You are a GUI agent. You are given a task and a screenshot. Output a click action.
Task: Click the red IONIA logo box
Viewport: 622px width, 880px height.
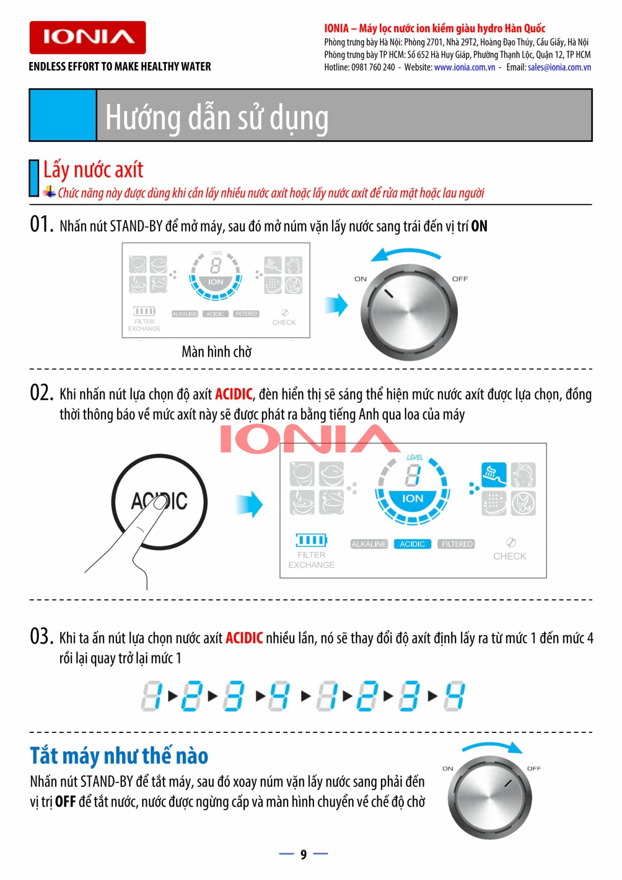tap(88, 38)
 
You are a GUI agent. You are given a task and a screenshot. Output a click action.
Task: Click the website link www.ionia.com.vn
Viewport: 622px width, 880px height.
tap(465, 67)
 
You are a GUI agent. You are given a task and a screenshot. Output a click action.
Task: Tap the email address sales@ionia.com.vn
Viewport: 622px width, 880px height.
tap(559, 67)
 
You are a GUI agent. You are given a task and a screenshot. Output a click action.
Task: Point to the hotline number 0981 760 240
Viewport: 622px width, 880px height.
tap(373, 67)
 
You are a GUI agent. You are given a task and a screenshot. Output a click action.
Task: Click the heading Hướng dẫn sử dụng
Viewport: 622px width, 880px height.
tap(217, 118)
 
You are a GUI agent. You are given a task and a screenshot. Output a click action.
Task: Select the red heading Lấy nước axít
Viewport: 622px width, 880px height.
tap(93, 170)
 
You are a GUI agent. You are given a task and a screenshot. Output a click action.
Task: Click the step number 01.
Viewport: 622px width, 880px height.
tap(42, 224)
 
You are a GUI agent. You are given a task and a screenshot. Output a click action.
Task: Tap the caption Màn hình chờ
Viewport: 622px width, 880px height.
tap(216, 352)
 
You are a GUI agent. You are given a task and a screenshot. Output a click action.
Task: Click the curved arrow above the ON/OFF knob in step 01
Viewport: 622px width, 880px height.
tap(405, 253)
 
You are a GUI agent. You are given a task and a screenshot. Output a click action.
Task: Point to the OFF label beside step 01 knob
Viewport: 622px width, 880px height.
tap(460, 279)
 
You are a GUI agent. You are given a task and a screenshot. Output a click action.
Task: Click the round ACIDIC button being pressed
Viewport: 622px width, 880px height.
tap(159, 502)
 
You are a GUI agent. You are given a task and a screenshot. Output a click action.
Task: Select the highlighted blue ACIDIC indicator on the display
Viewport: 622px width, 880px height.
tap(412, 544)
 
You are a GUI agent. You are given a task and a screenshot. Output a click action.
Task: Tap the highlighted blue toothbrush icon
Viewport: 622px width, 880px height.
tap(493, 475)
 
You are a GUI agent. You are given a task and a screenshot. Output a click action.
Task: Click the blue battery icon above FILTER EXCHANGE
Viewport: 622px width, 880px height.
tap(311, 540)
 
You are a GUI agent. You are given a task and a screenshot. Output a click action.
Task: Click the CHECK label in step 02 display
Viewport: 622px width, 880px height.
tap(510, 556)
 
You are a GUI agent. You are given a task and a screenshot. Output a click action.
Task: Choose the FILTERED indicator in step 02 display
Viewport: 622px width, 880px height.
tap(457, 544)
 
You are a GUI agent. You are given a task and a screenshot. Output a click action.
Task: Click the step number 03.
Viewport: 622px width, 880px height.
tap(42, 637)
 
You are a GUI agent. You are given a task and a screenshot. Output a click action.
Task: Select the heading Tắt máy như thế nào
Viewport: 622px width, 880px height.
tap(119, 756)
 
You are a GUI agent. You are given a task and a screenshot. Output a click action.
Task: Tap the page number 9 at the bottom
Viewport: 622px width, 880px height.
tap(304, 854)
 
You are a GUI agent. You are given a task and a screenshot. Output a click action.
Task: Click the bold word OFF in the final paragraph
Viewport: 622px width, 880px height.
tap(65, 802)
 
